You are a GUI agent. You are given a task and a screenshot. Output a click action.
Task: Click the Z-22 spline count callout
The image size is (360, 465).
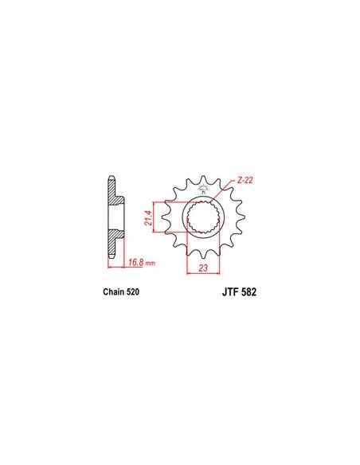(245, 180)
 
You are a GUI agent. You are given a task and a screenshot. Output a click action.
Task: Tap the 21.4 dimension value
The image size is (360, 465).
(148, 218)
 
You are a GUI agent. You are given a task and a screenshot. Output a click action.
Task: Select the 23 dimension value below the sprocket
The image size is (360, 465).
(203, 268)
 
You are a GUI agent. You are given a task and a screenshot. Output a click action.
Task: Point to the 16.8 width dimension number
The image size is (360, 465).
(136, 262)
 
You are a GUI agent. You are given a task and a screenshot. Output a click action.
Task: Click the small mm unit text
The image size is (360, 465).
(151, 264)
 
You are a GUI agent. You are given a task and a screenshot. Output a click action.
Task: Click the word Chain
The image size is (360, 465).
(114, 291)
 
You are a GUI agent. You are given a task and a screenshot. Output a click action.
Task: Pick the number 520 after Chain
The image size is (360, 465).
(133, 291)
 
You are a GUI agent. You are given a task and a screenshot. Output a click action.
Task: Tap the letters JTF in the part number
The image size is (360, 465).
(230, 292)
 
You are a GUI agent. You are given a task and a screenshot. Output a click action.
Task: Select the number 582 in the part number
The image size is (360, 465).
(248, 292)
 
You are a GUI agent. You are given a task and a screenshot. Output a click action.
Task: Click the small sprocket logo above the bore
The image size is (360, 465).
(203, 189)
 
